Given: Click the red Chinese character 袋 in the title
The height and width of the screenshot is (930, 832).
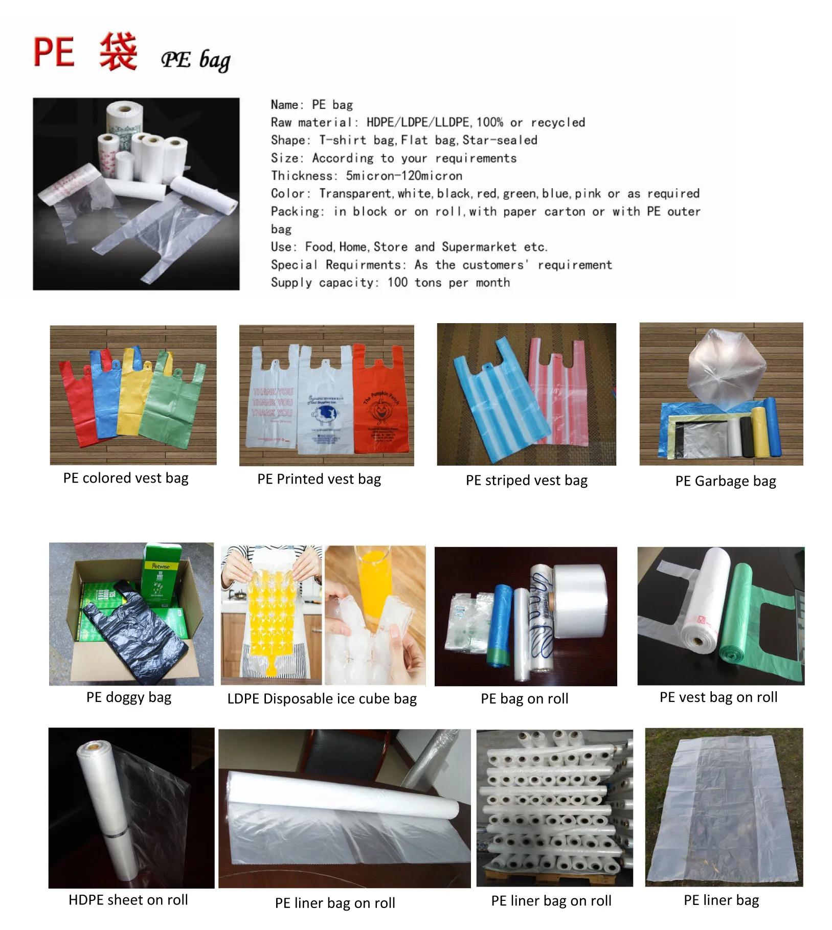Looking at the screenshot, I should click(x=118, y=52).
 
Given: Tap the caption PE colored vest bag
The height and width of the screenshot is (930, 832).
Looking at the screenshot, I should click(x=126, y=478).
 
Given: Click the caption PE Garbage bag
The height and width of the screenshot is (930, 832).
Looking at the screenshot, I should click(x=725, y=481).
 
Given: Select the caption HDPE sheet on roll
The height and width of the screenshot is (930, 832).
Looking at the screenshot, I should click(x=128, y=900).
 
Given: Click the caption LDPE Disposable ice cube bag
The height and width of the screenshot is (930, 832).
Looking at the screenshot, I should click(x=322, y=699).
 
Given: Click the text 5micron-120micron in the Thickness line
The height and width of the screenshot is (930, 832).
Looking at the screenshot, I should click(x=404, y=176).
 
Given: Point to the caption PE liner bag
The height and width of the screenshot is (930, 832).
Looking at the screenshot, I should click(x=721, y=900).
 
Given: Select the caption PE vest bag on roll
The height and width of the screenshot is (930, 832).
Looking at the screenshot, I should click(x=718, y=697).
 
